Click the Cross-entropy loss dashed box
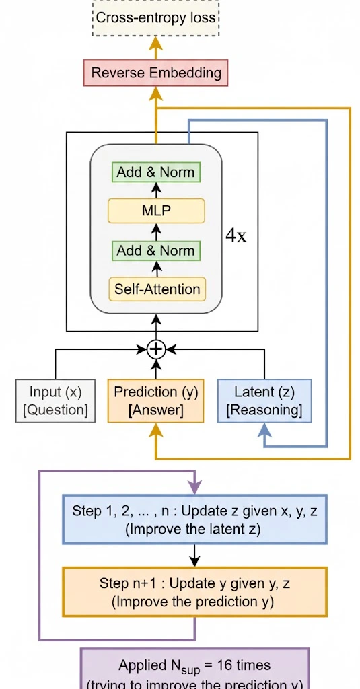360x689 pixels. pos(156,17)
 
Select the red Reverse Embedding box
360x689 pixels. pos(156,73)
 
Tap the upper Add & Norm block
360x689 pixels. pos(156,172)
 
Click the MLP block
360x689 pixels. pos(156,211)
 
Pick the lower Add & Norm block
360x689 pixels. pos(156,250)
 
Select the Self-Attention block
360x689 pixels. pos(156,289)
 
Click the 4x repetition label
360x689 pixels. pos(236,237)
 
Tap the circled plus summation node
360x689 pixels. pos(156,349)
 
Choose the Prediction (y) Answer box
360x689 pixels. pos(155,401)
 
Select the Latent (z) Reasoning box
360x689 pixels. pos(264,401)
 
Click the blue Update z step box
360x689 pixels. pos(194,519)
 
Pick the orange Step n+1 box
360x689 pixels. pos(194,592)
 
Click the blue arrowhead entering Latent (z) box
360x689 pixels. pos(264,431)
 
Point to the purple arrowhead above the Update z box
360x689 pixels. pos(194,486)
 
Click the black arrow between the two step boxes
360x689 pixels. pos(194,555)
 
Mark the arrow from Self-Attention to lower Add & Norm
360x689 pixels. pos(156,269)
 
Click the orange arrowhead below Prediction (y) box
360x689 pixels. pos(156,431)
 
